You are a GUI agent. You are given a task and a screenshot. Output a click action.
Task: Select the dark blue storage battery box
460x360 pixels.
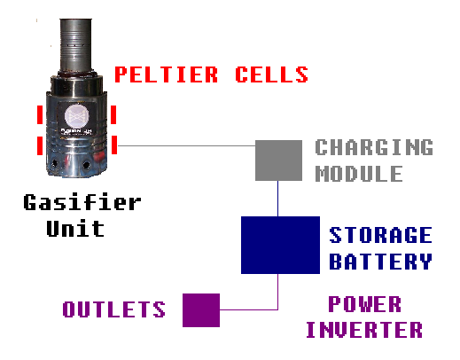tap(280, 246)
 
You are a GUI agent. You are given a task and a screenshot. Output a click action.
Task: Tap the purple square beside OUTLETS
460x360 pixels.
tap(200, 309)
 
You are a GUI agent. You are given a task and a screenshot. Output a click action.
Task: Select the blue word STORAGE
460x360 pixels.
tap(380, 236)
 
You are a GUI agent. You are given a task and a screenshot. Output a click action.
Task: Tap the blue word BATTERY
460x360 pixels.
tap(380, 262)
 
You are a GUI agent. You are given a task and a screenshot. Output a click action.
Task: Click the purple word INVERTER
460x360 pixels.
tap(364, 331)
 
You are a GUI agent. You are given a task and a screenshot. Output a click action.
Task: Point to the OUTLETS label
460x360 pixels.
tap(113, 309)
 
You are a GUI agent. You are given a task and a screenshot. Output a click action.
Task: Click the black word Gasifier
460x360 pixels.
tap(82, 202)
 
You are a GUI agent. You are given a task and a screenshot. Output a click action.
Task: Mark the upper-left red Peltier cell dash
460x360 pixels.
tap(39, 115)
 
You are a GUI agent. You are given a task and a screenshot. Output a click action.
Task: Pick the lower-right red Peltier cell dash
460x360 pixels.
tap(114, 145)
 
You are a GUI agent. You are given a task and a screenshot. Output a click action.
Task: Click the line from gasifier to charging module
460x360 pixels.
tap(186, 145)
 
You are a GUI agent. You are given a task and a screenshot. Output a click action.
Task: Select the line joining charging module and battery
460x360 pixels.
tap(279, 200)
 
